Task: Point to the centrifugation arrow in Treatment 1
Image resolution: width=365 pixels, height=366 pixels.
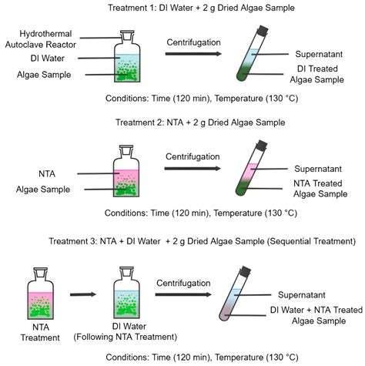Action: click(193, 53)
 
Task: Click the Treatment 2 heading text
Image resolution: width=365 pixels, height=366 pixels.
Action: click(182, 122)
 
